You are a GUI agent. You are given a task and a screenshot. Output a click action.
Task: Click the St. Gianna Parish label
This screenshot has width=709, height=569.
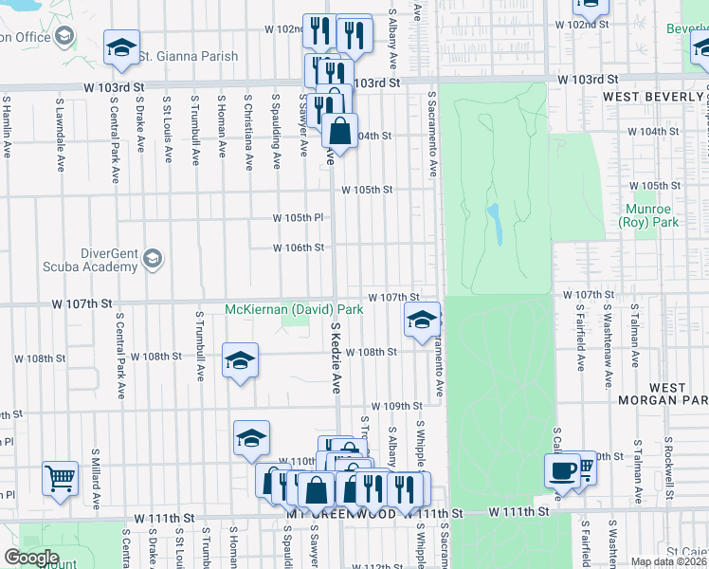(188, 56)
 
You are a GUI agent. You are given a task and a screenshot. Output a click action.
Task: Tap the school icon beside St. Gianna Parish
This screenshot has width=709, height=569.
(121, 49)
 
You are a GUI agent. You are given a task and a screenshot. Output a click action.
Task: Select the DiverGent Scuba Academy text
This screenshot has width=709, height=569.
(97, 260)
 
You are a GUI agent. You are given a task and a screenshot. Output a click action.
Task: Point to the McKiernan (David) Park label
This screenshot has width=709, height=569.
(294, 309)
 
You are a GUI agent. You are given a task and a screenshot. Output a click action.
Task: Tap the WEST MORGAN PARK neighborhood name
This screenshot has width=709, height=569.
(666, 395)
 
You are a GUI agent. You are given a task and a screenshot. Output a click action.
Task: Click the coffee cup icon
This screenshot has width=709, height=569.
(561, 469)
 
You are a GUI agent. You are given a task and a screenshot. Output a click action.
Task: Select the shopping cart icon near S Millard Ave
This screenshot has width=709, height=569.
(60, 478)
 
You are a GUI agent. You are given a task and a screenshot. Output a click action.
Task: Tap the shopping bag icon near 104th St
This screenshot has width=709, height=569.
(339, 132)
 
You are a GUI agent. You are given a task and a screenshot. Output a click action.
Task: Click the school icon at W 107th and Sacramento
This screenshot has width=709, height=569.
(422, 321)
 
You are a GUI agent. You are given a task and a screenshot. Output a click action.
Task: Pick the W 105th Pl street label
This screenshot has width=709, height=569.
(299, 217)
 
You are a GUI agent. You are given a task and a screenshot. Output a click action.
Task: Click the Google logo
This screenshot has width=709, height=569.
(30, 558)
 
